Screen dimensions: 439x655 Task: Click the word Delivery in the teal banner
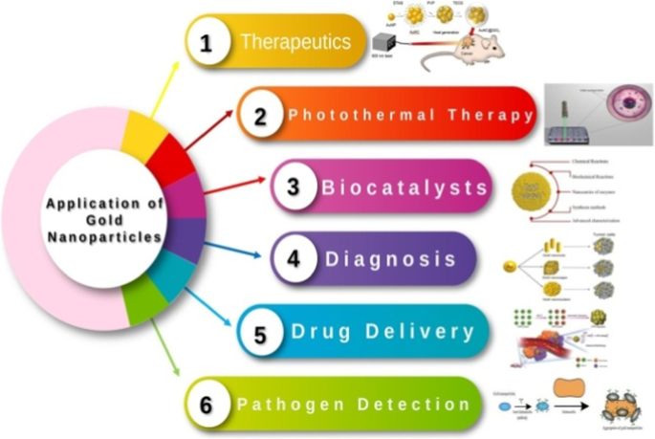tap(430, 332)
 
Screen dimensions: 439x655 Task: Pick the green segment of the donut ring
tap(143, 303)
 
